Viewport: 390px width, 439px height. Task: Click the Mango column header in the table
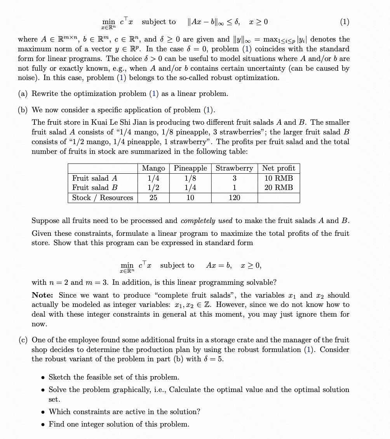point(153,168)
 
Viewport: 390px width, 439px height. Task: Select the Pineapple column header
point(190,168)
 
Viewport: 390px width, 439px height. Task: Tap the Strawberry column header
point(234,168)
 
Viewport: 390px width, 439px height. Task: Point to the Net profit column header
point(279,168)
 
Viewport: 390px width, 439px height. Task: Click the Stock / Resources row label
point(103,198)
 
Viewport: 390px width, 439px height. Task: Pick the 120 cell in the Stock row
point(234,198)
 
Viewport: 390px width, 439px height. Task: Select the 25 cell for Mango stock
point(153,198)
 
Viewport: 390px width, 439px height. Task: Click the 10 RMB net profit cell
point(279,178)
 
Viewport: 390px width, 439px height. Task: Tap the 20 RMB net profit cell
point(279,188)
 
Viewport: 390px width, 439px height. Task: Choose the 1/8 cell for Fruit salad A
point(190,178)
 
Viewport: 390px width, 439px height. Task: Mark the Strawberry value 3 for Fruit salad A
point(234,178)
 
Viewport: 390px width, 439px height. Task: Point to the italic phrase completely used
point(207,221)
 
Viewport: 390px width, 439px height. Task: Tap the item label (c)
point(23,340)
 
